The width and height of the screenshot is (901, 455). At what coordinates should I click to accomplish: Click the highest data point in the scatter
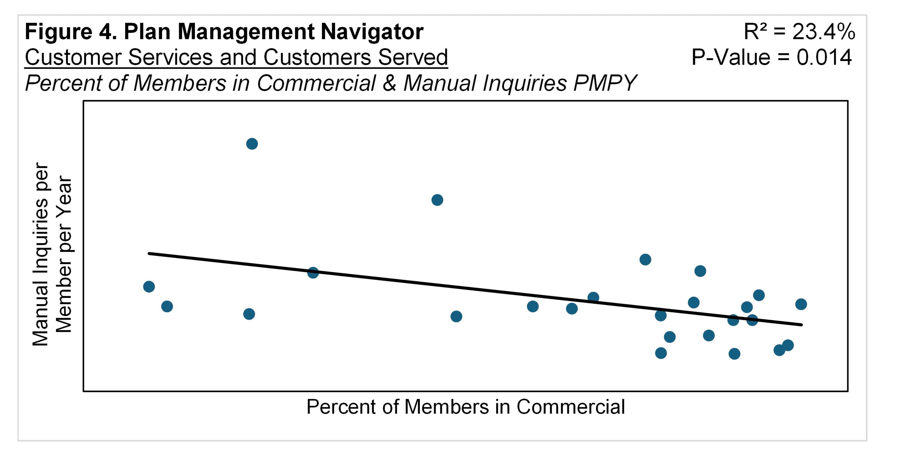click(x=252, y=144)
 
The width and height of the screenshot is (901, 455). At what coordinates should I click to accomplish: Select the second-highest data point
click(x=437, y=200)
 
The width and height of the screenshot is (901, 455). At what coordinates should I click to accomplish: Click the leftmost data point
click(x=149, y=287)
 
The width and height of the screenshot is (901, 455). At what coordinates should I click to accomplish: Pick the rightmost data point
click(x=801, y=304)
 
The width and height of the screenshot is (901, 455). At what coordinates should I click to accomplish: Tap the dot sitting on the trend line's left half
click(x=313, y=273)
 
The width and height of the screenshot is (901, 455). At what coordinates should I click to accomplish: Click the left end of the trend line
click(x=150, y=253)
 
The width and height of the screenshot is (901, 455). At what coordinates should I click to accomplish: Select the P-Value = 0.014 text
click(x=771, y=57)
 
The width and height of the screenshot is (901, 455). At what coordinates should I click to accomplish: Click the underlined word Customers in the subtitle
click(x=316, y=57)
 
